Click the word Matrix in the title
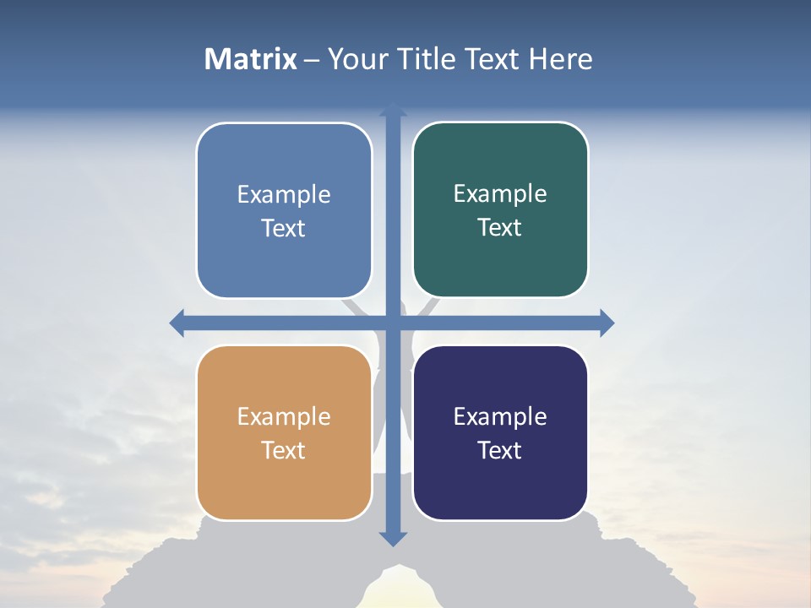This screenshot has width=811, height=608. [250, 59]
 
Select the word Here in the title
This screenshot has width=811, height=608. [560, 59]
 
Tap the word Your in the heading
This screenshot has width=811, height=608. [356, 59]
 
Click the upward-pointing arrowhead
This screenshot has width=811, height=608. [393, 111]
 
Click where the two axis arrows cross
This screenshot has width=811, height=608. [393, 323]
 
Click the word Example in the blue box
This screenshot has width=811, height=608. [284, 194]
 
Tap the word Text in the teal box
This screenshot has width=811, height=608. [500, 228]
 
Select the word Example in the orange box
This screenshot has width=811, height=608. [284, 416]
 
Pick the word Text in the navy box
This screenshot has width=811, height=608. [500, 450]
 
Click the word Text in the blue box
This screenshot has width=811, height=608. [284, 229]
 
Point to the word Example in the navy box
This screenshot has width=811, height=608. [500, 416]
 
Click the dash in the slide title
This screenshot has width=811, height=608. [312, 60]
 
